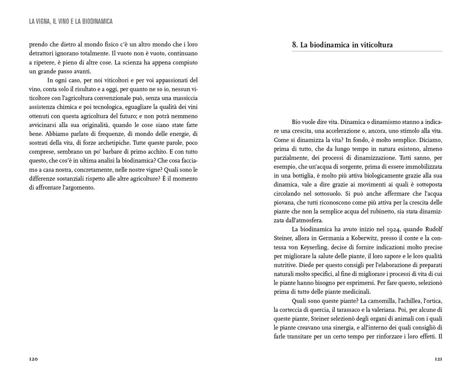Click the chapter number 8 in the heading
294,45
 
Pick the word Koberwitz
357,238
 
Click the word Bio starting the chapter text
297,122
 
